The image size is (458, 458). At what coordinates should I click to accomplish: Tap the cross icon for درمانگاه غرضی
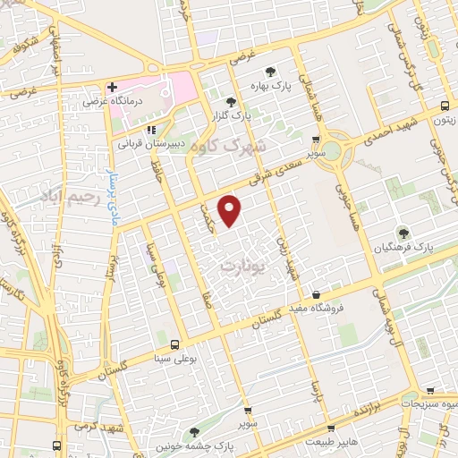[111, 88]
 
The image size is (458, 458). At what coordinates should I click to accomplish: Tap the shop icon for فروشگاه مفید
[315, 294]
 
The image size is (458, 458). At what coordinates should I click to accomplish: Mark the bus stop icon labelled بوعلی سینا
[174, 343]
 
